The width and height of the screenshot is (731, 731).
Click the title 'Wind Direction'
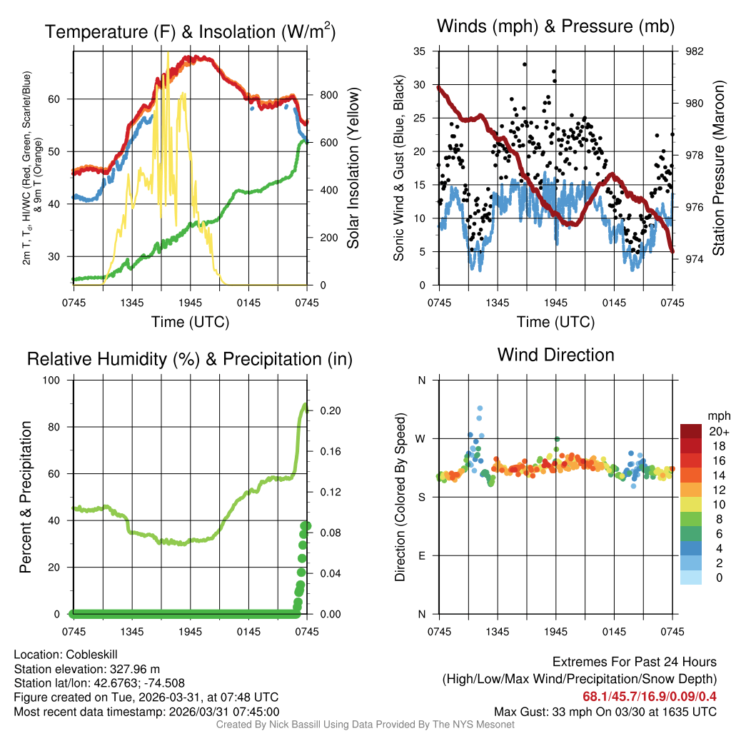(555, 355)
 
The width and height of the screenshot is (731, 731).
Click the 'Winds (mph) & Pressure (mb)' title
(555, 27)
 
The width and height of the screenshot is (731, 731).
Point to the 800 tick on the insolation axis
(319, 95)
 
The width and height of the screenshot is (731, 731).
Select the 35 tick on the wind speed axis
(420, 51)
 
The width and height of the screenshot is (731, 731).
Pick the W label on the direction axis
(421, 438)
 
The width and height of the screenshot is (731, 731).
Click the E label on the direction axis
(421, 555)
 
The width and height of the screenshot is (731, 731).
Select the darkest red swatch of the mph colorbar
(691, 430)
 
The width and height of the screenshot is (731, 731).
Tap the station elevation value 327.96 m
(134, 669)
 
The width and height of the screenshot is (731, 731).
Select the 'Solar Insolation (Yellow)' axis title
(353, 168)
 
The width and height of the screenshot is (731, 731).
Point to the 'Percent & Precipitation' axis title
(26, 497)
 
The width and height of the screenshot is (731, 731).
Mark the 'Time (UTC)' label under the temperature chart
(190, 322)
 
